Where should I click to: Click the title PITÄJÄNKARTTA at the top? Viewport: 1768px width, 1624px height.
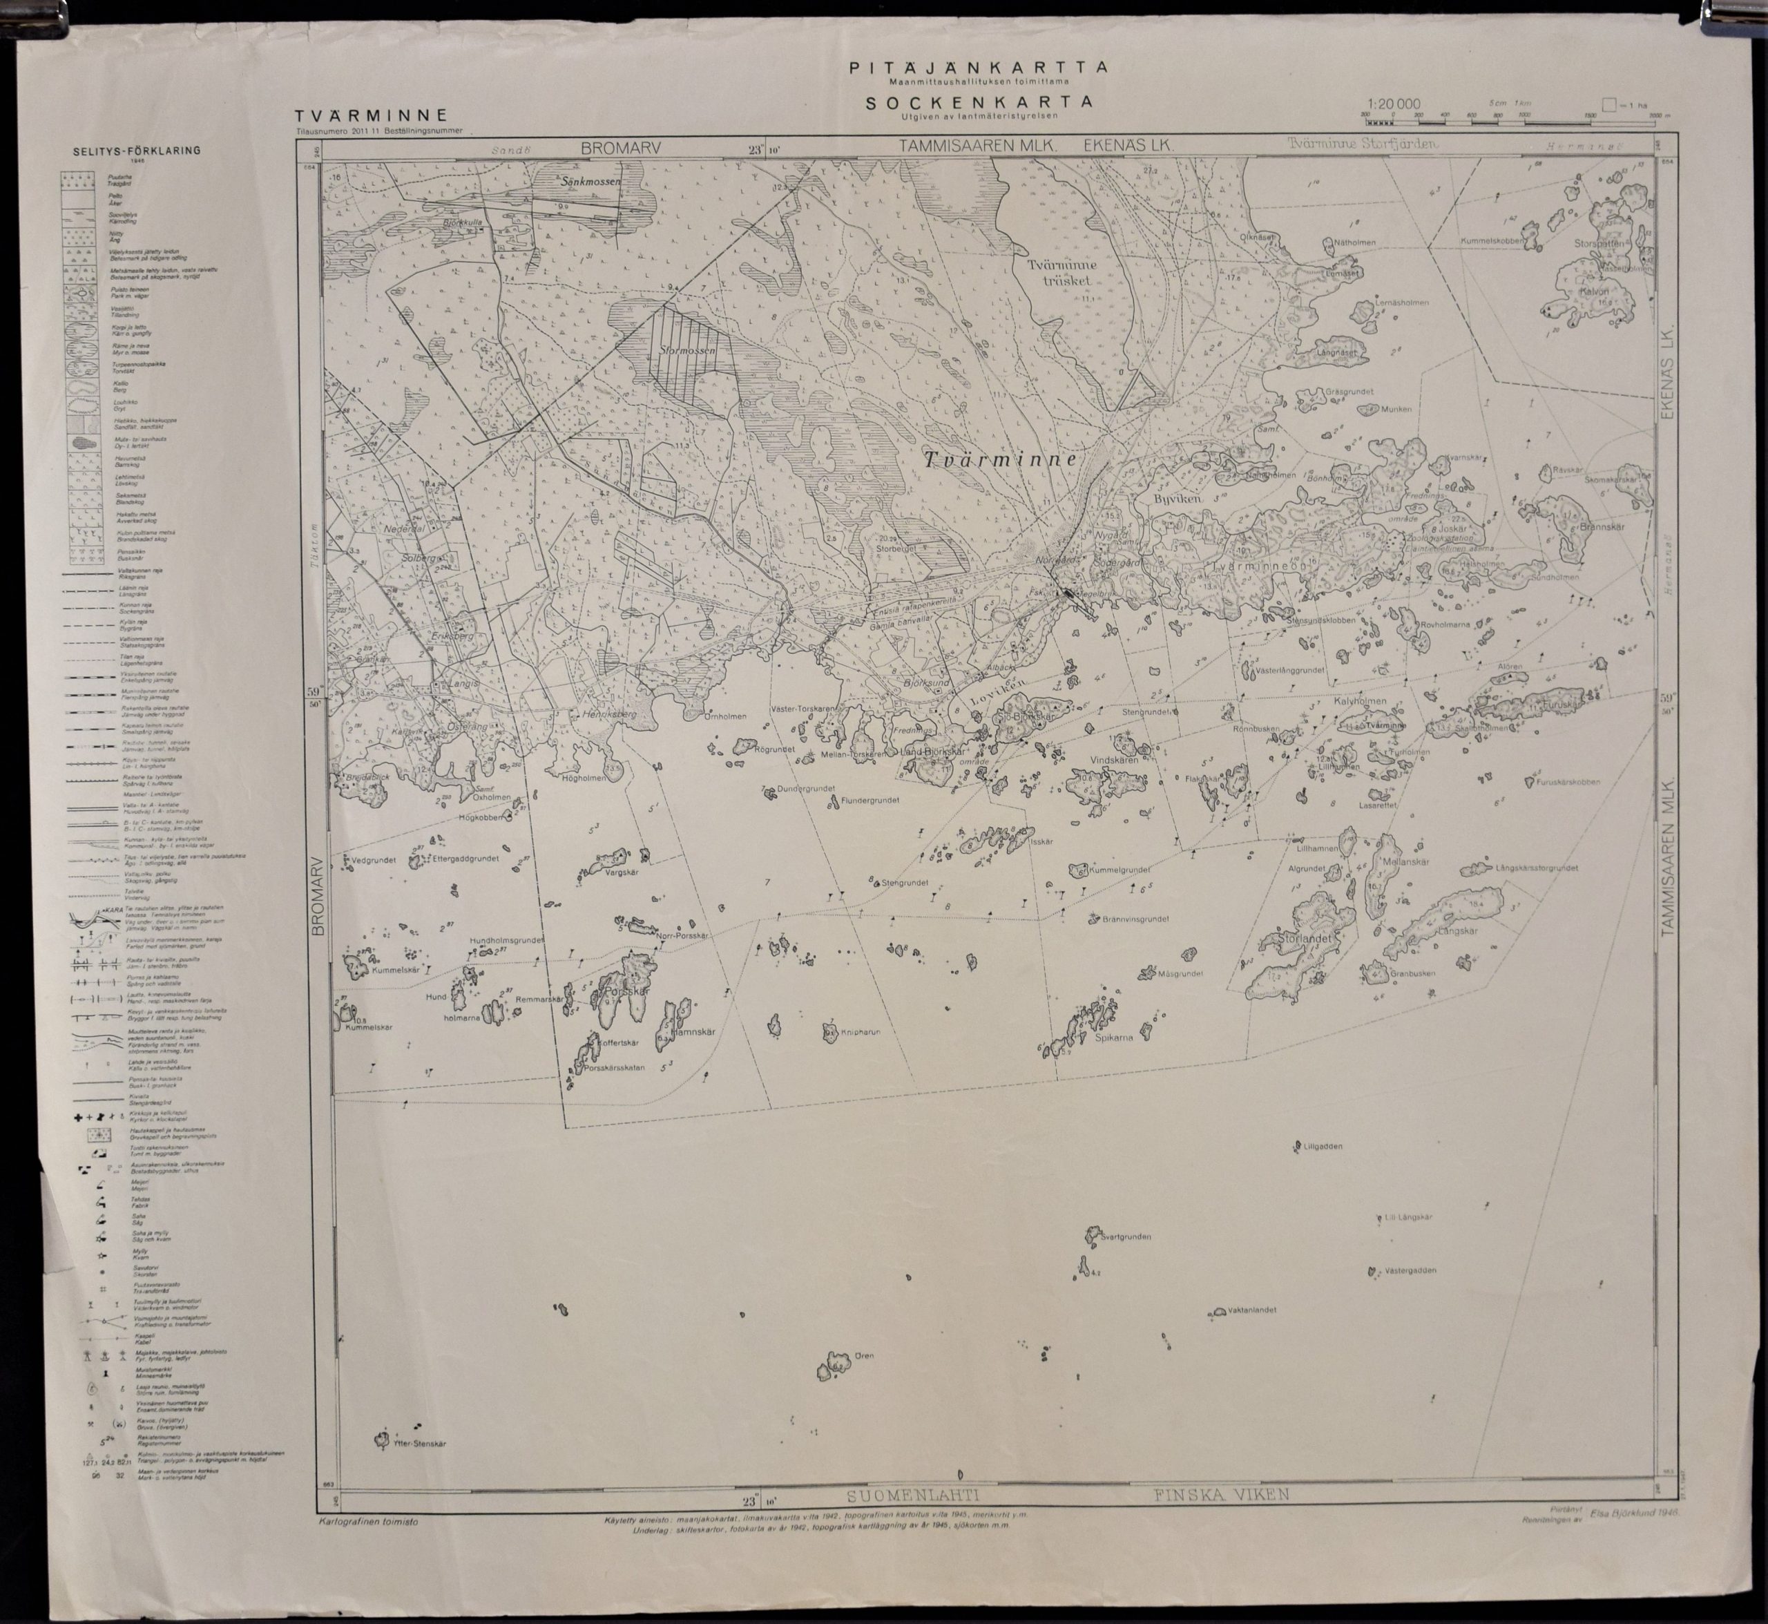(x=977, y=67)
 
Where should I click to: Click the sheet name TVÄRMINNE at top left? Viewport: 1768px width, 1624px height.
(x=372, y=115)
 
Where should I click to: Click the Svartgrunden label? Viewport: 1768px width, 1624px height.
(x=1126, y=1236)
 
